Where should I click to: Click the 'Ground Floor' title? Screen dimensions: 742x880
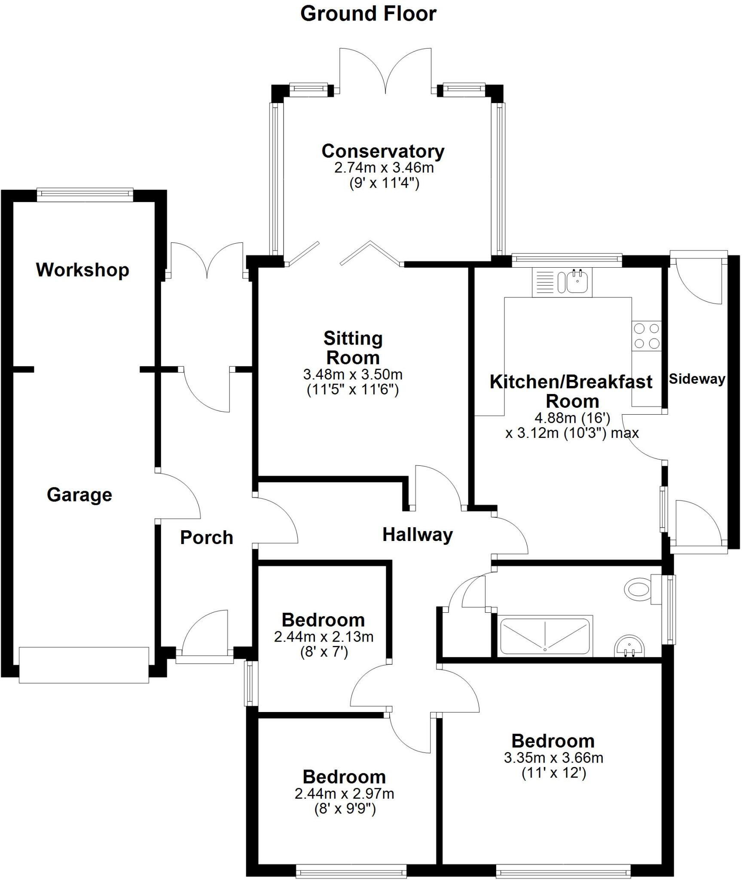click(368, 14)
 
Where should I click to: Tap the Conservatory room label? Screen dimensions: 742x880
click(383, 151)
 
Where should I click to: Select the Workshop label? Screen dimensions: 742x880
click(82, 270)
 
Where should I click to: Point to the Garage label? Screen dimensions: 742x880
click(79, 495)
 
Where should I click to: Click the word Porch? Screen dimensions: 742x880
click(207, 537)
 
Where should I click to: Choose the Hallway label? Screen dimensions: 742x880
click(418, 535)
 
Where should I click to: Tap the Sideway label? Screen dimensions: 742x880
click(697, 379)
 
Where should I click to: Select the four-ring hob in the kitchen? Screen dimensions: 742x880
click(647, 336)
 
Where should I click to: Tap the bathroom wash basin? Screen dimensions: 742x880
click(629, 646)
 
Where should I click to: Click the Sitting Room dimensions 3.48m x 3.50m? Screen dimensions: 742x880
click(353, 374)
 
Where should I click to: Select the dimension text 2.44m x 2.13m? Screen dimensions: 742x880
click(324, 636)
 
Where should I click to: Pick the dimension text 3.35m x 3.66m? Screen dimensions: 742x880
click(553, 758)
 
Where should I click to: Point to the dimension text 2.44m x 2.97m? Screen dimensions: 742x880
click(344, 794)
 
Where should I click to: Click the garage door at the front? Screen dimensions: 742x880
click(84, 665)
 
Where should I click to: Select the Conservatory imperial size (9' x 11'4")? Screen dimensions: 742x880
click(384, 183)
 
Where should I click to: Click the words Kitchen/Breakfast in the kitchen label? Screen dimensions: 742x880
click(571, 382)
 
